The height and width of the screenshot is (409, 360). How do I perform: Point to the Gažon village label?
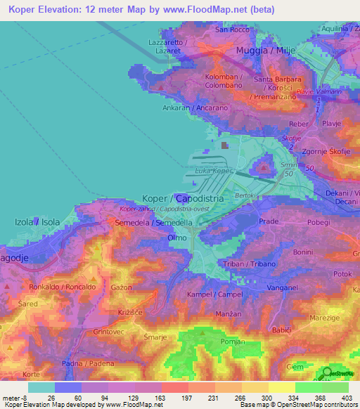pos(122,287)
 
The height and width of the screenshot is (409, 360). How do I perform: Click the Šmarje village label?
pos(155,337)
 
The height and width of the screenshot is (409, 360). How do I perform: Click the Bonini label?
pos(303,252)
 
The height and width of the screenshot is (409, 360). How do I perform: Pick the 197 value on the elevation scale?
pos(187,397)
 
